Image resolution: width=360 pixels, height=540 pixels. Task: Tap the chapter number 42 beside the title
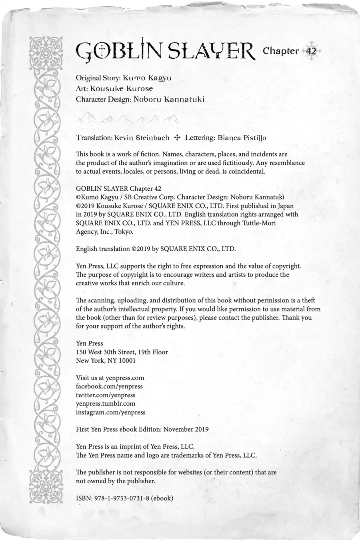pyautogui.click(x=311, y=51)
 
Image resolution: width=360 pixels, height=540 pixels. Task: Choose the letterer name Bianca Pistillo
pyautogui.click(x=242, y=138)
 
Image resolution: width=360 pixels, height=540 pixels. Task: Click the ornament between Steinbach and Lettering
pyautogui.click(x=177, y=138)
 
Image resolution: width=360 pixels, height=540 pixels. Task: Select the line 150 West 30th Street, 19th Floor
pyautogui.click(x=122, y=352)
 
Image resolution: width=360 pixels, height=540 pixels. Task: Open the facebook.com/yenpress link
pyautogui.click(x=109, y=386)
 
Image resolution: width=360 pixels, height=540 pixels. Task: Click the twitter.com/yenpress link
pyautogui.click(x=106, y=395)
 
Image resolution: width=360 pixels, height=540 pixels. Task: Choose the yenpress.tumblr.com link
pyautogui.click(x=106, y=404)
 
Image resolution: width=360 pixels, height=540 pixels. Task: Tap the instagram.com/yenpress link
pyautogui.click(x=111, y=412)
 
